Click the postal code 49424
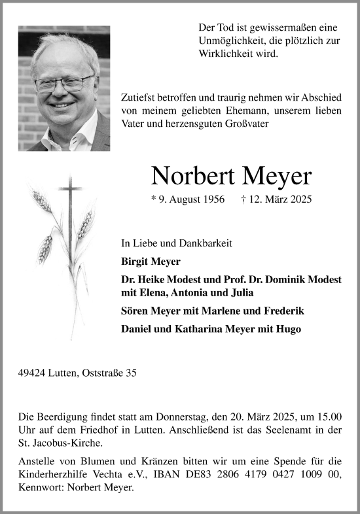[33, 373]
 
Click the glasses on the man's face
[63, 83]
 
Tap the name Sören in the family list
[135, 311]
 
